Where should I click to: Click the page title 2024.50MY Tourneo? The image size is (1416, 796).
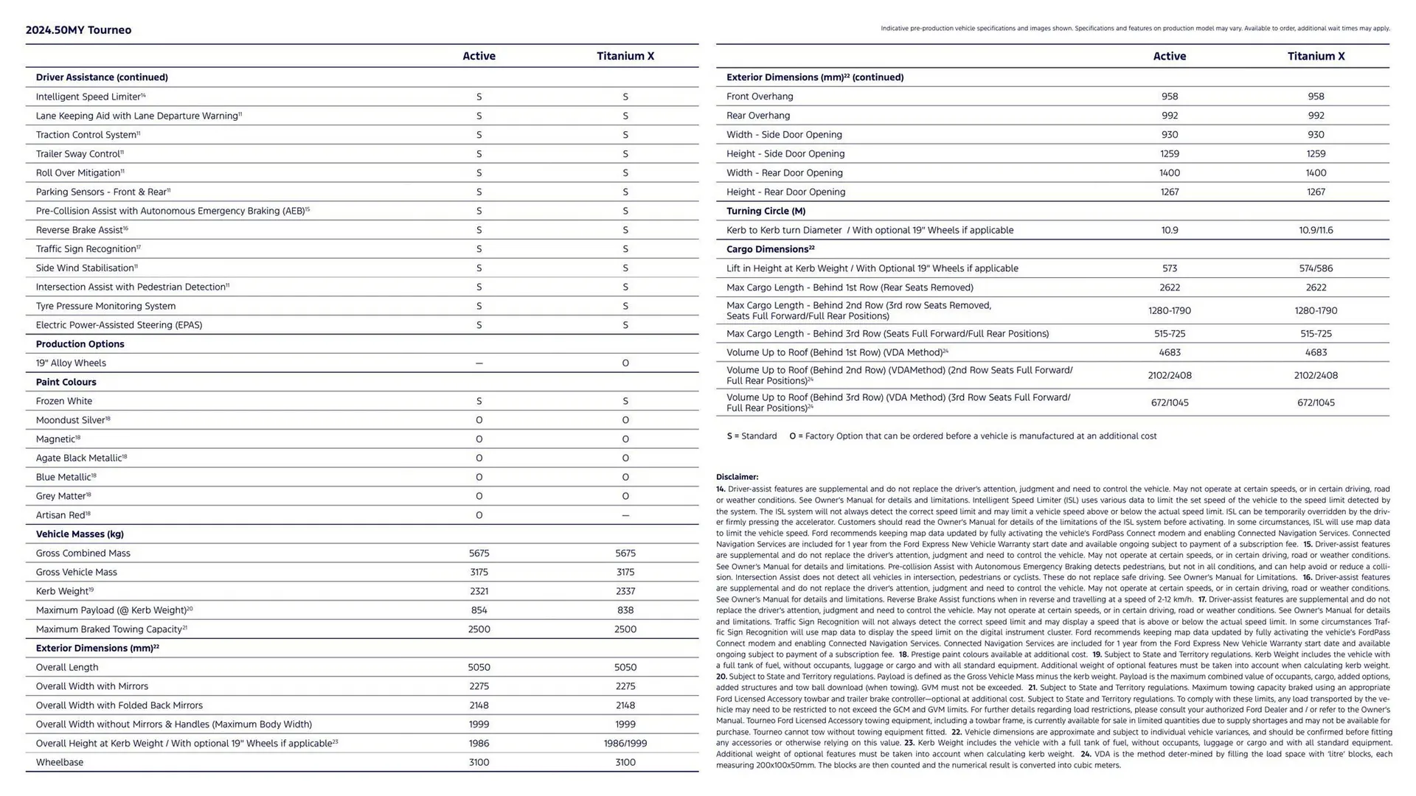click(x=78, y=30)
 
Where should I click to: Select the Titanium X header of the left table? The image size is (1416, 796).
click(x=625, y=56)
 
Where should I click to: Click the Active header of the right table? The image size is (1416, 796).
click(x=1169, y=56)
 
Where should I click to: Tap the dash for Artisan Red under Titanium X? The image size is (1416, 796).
click(x=625, y=515)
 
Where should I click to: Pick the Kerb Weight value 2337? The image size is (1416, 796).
click(x=625, y=591)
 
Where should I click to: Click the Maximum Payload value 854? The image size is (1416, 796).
click(x=479, y=610)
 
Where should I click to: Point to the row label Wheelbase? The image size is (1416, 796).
click(x=60, y=762)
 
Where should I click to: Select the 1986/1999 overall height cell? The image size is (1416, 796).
click(x=625, y=743)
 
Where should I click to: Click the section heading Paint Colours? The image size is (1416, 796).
click(x=66, y=382)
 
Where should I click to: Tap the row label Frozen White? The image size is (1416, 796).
click(x=64, y=401)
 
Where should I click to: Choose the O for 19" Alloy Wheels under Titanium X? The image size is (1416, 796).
click(x=625, y=363)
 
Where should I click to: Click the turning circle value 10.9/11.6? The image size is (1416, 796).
click(x=1316, y=230)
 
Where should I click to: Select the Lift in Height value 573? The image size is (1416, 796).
click(x=1169, y=268)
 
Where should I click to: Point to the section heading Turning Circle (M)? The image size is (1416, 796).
click(x=766, y=211)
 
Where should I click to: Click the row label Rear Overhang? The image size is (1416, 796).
click(x=758, y=116)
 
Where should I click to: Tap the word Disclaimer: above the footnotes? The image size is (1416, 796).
click(x=737, y=477)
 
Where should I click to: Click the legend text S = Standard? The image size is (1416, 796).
click(x=752, y=436)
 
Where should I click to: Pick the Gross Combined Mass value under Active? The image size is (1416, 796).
click(x=479, y=553)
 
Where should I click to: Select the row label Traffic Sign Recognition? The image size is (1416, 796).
click(x=86, y=249)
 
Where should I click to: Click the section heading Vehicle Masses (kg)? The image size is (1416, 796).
click(x=80, y=534)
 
